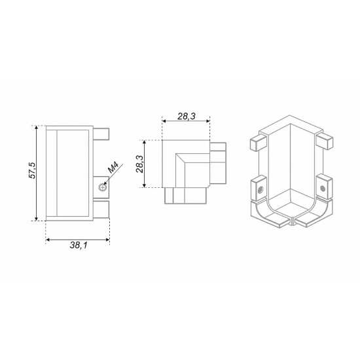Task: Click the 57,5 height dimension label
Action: pyautogui.click(x=32, y=170)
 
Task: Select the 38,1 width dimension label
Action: pyautogui.click(x=79, y=245)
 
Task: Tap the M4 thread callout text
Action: pyautogui.click(x=113, y=167)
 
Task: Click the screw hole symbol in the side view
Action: pyautogui.click(x=102, y=188)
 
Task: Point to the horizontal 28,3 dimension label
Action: pyautogui.click(x=186, y=116)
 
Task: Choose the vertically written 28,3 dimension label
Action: pyautogui.click(x=139, y=164)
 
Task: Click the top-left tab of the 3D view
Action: pyautogui.click(x=258, y=142)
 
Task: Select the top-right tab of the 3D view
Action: pyautogui.click(x=324, y=141)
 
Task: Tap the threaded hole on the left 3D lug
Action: pyautogui.click(x=261, y=190)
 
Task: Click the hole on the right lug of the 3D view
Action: pyautogui.click(x=322, y=189)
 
